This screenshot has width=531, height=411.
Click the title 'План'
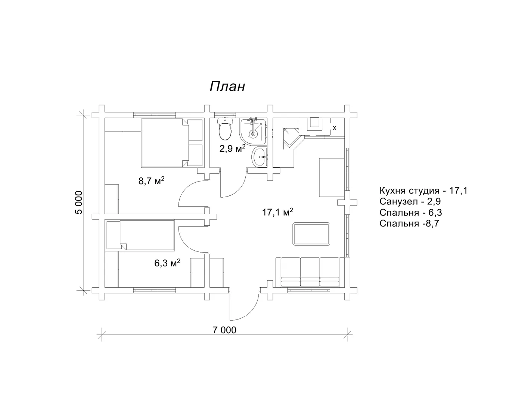[x=227, y=87]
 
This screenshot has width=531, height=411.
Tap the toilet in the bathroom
[x=225, y=129]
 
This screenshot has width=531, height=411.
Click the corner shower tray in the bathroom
[x=253, y=131]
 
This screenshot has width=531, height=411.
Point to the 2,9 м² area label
[x=232, y=148]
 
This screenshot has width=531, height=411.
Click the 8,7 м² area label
[x=151, y=181]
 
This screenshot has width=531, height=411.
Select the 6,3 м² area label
[x=167, y=263]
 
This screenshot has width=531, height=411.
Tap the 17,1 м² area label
[x=277, y=212]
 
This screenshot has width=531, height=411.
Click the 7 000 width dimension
[x=224, y=330]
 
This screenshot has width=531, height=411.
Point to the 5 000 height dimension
[x=79, y=203]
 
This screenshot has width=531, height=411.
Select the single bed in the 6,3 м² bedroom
[x=140, y=235]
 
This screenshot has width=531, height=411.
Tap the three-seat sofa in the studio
[x=310, y=272]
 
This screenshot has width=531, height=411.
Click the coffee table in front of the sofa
[x=311, y=234]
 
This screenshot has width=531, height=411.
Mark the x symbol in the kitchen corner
[x=335, y=128]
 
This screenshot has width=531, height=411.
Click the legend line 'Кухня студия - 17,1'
[x=423, y=191]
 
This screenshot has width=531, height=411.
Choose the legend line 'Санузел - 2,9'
[x=410, y=201]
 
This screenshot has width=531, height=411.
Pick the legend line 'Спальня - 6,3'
[x=411, y=213]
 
